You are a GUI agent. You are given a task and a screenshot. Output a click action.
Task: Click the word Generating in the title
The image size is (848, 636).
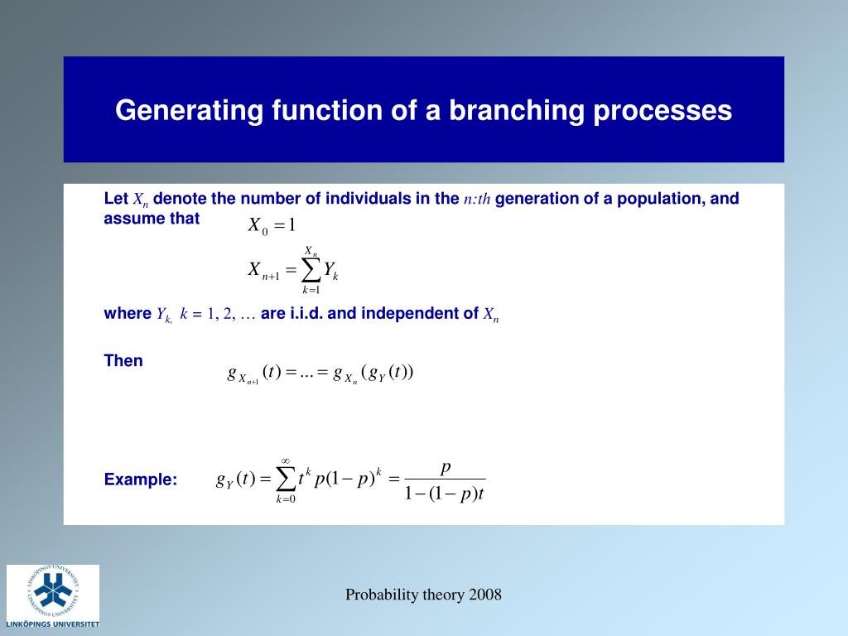(x=190, y=111)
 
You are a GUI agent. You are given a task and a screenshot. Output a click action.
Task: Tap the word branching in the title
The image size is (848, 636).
(x=517, y=111)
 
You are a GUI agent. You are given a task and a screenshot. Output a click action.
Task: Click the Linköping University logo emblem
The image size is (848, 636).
(x=53, y=591)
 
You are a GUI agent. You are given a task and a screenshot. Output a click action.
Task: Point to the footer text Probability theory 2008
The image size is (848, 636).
(x=423, y=595)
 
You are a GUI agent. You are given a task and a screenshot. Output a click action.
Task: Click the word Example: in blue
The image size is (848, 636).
(x=141, y=479)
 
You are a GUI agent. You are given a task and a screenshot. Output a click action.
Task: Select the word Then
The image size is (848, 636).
(x=123, y=361)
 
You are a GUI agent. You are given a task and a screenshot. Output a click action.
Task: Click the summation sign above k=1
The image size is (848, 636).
(x=311, y=271)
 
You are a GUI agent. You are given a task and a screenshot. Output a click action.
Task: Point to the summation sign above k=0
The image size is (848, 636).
(x=286, y=479)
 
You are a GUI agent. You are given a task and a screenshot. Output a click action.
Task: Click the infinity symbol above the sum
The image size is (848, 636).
(x=286, y=460)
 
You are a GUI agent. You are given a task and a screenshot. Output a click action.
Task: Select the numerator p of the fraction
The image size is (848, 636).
(x=446, y=468)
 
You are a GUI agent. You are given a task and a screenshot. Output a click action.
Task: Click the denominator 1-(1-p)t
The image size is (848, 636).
(x=445, y=494)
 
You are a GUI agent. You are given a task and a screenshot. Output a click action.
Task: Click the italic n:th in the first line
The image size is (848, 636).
(x=477, y=199)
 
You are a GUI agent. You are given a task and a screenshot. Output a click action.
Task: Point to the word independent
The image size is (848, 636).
(x=403, y=314)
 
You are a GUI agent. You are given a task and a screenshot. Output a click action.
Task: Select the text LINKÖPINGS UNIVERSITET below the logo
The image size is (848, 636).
(x=53, y=624)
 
